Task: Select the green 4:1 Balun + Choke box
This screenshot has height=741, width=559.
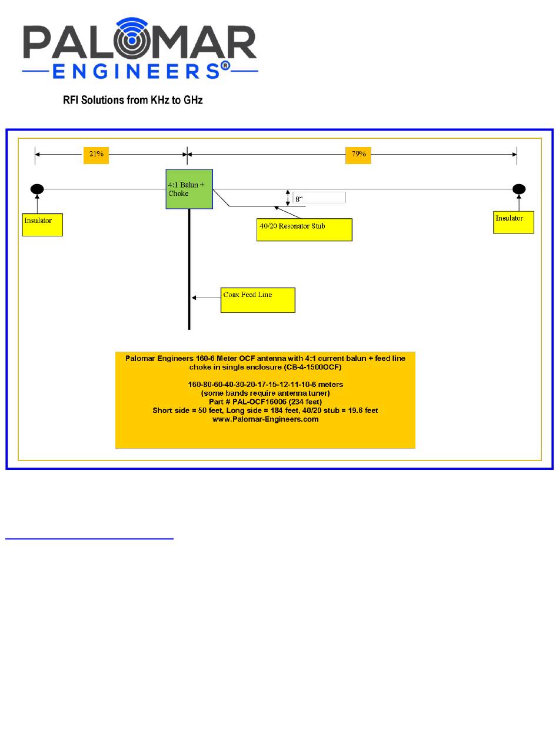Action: click(x=189, y=189)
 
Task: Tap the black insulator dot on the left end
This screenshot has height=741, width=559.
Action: click(x=37, y=189)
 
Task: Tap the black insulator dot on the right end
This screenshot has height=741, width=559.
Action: click(x=519, y=189)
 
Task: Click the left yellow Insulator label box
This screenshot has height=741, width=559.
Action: click(x=42, y=225)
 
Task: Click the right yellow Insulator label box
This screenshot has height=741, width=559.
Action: click(x=514, y=222)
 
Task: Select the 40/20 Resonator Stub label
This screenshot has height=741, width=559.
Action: click(x=304, y=230)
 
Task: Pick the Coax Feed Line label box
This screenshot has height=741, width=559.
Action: click(x=258, y=300)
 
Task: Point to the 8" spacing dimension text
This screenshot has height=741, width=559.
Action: click(x=298, y=199)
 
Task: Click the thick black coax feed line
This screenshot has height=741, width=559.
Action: click(x=189, y=269)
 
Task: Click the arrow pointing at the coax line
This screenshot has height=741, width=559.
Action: click(x=206, y=298)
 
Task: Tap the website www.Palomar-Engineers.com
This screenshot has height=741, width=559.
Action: click(x=265, y=419)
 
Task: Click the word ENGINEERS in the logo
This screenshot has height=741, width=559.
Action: click(x=136, y=71)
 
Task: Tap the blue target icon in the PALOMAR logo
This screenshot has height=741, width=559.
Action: click(x=132, y=38)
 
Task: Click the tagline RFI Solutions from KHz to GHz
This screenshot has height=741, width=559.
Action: click(x=133, y=100)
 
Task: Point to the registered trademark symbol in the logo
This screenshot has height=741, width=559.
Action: click(x=225, y=66)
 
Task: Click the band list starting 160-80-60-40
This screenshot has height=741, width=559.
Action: click(x=265, y=385)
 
